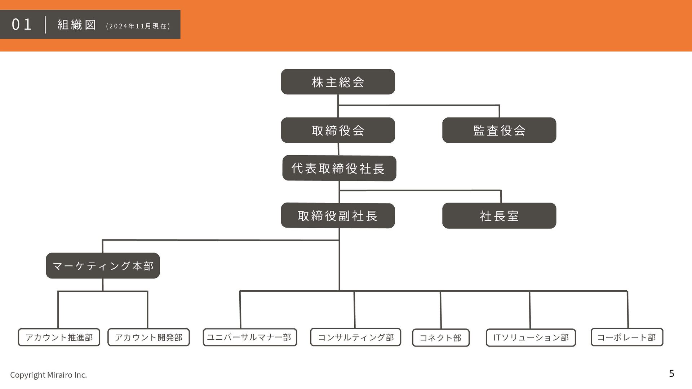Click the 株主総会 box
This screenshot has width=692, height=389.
[x=338, y=82]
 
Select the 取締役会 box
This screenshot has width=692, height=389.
[x=338, y=130]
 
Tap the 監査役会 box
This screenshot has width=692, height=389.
[x=499, y=130]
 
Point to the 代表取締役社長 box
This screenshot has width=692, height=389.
[x=339, y=168]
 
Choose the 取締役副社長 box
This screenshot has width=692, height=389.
[x=338, y=216]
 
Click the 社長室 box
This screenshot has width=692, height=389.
[x=499, y=216]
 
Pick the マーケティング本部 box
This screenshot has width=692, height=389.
[x=103, y=266]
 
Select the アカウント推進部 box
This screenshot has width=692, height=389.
[x=59, y=337]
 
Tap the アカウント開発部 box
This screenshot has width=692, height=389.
[x=148, y=337]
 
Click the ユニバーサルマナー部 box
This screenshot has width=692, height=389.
[x=250, y=337]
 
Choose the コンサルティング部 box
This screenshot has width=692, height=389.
[x=355, y=337]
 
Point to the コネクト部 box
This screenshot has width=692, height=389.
[x=441, y=337]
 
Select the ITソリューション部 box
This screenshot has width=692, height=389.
[x=531, y=337]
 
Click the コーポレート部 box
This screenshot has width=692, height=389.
[x=627, y=337]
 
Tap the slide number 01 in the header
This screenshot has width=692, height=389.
[x=22, y=24]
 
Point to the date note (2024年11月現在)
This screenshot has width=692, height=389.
[x=138, y=26]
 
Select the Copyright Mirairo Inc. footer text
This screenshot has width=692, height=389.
[x=48, y=375]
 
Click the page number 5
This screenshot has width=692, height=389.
[x=671, y=374]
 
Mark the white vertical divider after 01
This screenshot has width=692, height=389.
[x=45, y=24]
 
